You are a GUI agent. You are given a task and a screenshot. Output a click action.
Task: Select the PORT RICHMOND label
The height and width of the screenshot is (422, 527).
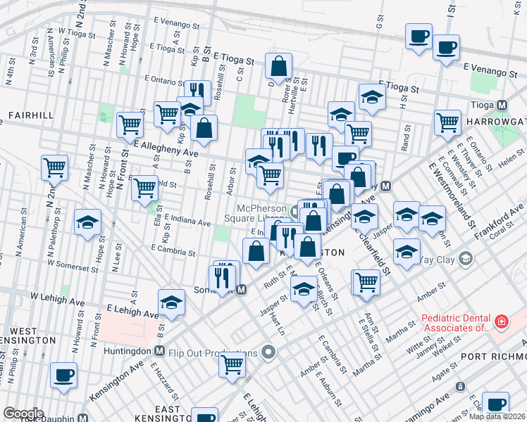(493, 356)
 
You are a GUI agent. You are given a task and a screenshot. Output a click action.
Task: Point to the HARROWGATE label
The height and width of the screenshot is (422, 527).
(497, 120)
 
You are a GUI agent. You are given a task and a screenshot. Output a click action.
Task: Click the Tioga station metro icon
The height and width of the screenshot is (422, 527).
(502, 105)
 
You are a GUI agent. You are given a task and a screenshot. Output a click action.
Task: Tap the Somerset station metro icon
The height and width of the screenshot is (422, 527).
(241, 289)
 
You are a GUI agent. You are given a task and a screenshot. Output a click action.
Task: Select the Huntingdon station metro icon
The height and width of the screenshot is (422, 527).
(160, 351)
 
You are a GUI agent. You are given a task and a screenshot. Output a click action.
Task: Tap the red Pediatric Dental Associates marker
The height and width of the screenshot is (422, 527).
(501, 322)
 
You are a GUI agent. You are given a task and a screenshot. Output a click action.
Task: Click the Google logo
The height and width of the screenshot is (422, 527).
(23, 414)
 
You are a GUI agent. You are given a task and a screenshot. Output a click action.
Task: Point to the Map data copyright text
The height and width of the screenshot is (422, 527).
(496, 416)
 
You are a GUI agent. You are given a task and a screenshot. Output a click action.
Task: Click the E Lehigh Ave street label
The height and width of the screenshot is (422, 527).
(132, 311)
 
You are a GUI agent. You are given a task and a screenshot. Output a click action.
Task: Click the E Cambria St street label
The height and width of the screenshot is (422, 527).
(173, 250)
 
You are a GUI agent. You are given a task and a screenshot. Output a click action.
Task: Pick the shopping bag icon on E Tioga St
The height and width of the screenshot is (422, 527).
(279, 67)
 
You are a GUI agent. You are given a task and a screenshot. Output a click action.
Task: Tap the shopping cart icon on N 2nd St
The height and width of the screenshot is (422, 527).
(54, 167)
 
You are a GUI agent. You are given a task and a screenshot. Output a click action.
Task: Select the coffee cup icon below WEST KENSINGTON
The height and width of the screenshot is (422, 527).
(64, 375)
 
